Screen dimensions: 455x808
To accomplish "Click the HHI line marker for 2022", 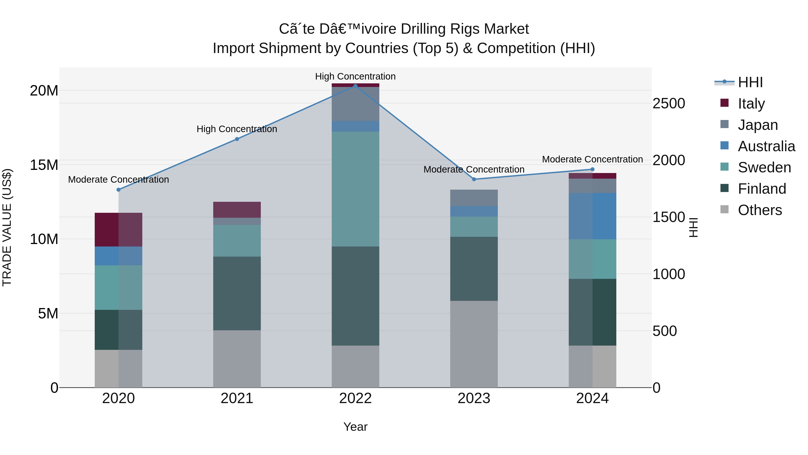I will [355, 86].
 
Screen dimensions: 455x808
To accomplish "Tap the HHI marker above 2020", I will [119, 190].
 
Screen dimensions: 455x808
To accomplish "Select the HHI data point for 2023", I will [474, 179].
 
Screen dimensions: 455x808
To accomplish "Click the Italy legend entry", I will [751, 103].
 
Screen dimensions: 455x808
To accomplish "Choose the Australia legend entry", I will [766, 146].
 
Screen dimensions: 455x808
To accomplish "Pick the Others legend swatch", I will [725, 209].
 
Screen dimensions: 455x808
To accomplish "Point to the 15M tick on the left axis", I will [44, 165].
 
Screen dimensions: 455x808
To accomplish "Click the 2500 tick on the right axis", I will [668, 104].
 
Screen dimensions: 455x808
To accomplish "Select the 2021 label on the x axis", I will [237, 398].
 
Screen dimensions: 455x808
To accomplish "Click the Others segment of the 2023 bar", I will [474, 344].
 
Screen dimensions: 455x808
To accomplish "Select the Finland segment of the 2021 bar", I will [237, 293].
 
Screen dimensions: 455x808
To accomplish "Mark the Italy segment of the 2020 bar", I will [118, 230].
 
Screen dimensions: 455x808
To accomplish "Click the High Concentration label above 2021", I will [237, 129].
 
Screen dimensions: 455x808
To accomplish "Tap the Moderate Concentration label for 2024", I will [592, 160].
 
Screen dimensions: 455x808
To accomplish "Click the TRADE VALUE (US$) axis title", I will [7, 227].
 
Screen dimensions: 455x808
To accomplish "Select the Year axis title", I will [355, 427].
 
